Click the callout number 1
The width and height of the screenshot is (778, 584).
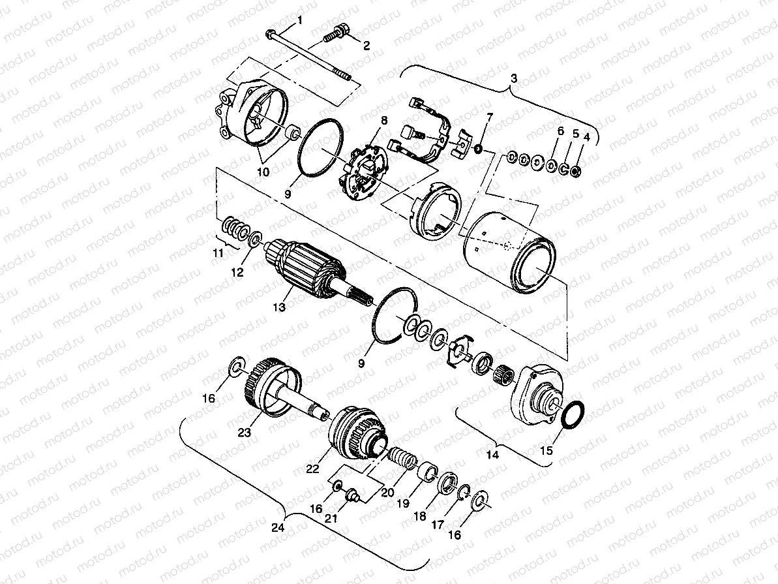(300, 21)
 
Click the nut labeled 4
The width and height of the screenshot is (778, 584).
(576, 172)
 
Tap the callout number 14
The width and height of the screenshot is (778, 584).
(494, 455)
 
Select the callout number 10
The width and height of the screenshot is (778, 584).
(263, 172)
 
